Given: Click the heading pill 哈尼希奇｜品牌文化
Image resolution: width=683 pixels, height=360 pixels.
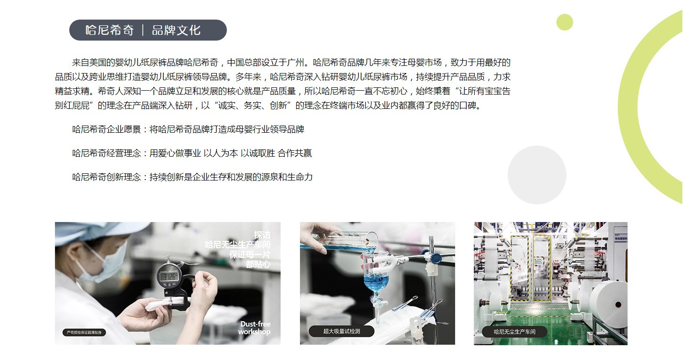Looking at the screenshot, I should [148, 30].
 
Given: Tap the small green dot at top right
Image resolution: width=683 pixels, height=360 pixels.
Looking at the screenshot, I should [565, 22].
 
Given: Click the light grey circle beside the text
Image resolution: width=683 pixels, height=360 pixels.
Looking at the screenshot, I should [537, 175].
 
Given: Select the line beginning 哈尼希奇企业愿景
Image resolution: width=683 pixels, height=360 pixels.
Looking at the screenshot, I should [188, 129].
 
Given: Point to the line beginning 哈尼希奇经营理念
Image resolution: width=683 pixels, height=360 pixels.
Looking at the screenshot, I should [192, 153].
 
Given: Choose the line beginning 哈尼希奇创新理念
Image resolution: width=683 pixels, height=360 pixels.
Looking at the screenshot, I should [192, 177].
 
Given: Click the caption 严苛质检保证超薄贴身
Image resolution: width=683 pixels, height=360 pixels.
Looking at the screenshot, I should [84, 332].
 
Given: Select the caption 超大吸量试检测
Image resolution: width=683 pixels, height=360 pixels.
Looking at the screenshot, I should [341, 331].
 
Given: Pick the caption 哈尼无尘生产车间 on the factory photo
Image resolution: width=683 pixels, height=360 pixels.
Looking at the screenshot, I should [514, 331].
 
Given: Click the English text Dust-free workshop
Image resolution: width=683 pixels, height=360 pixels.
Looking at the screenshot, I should [255, 328].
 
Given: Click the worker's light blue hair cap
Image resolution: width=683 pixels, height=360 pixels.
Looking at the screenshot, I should [91, 231].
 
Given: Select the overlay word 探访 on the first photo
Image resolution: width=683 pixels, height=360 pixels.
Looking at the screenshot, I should [262, 235].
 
